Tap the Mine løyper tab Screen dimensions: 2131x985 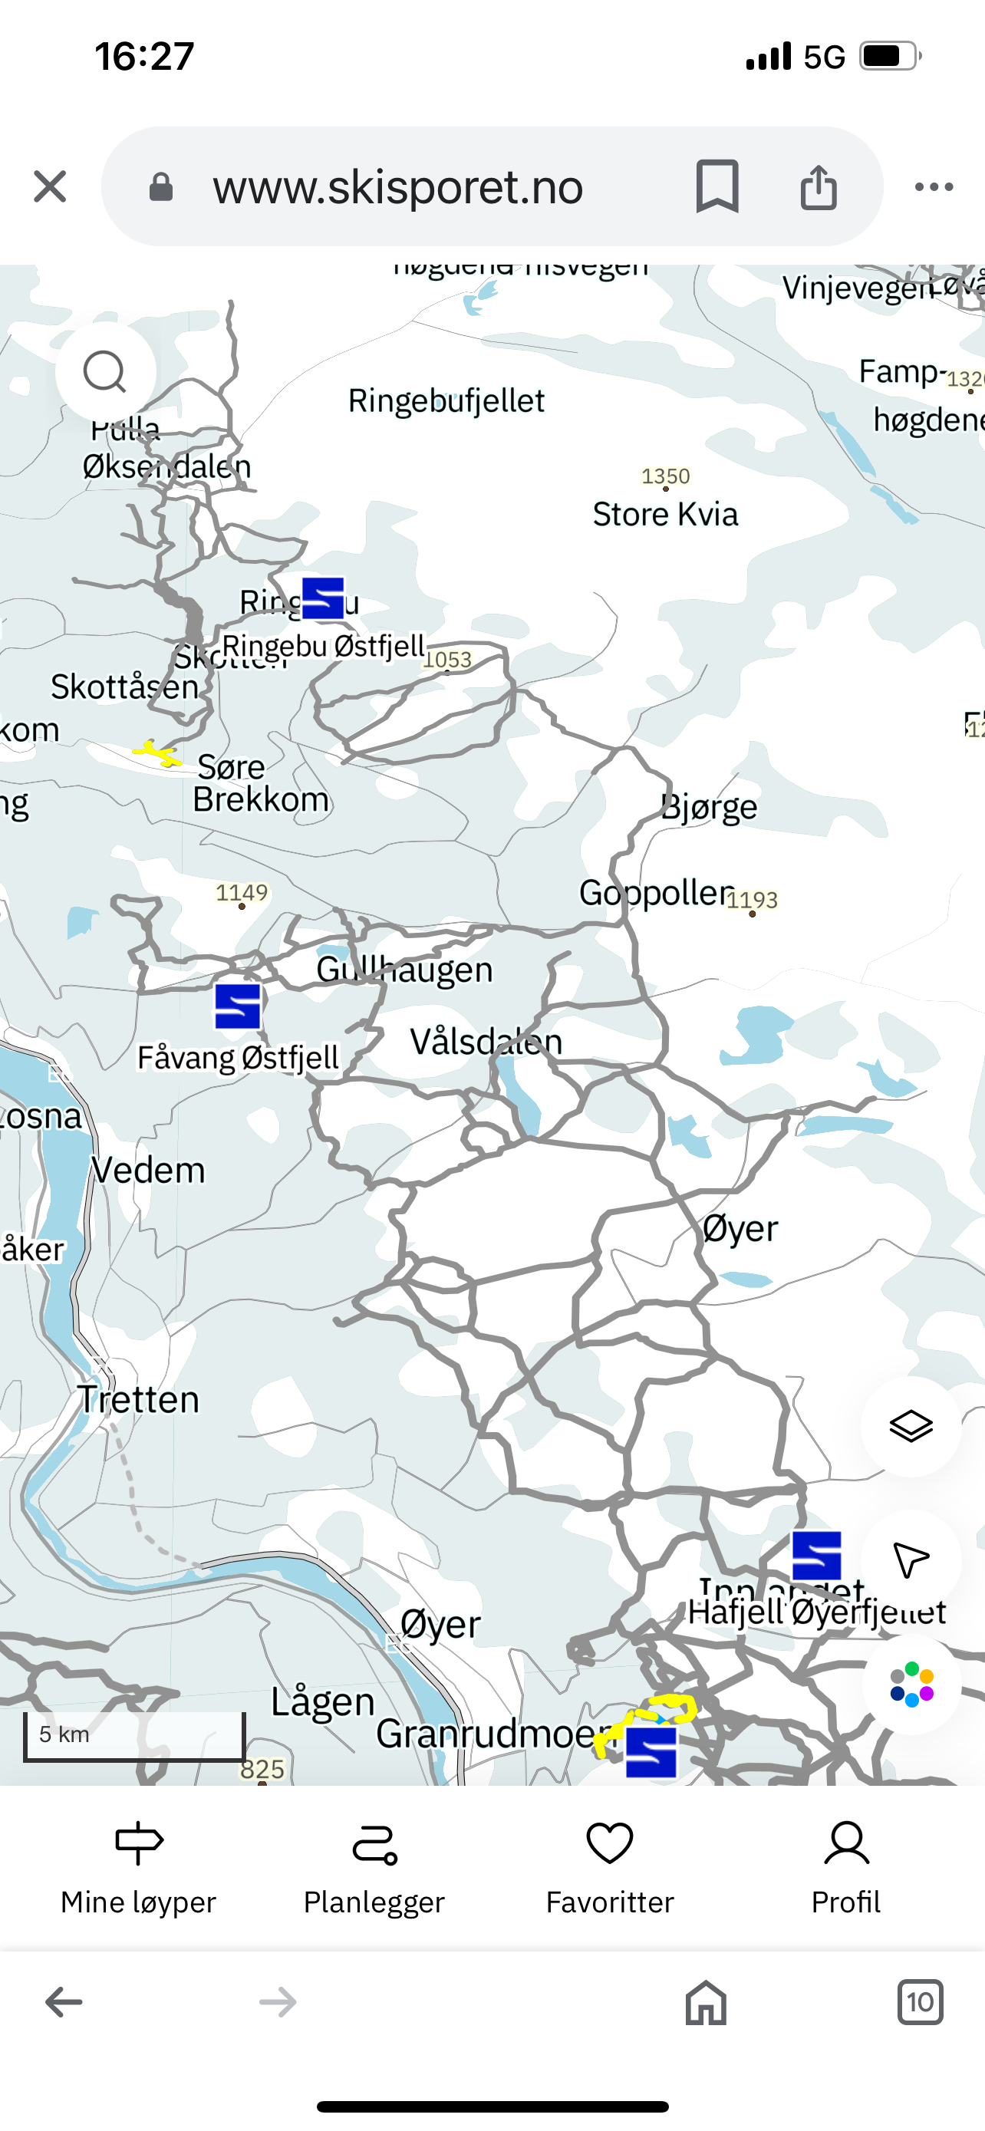click(138, 1869)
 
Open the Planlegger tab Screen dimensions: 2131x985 click(374, 1869)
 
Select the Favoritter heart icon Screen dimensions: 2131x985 click(610, 1844)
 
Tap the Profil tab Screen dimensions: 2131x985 click(845, 1869)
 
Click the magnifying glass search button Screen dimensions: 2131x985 click(105, 372)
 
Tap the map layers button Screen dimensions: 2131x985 click(911, 1426)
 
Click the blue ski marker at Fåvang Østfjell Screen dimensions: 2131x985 click(238, 1006)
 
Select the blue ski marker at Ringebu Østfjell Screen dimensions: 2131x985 click(322, 598)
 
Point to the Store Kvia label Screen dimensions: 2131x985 click(665, 515)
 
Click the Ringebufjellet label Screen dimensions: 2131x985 click(446, 401)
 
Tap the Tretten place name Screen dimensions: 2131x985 click(139, 1400)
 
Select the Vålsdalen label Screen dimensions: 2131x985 click(486, 1042)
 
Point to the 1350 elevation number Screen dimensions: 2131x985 click(665, 476)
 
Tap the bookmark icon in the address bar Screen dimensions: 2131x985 click(717, 186)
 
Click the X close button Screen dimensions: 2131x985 click(50, 186)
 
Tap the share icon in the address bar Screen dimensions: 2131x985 click(818, 186)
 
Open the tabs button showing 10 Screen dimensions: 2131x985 click(920, 2003)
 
